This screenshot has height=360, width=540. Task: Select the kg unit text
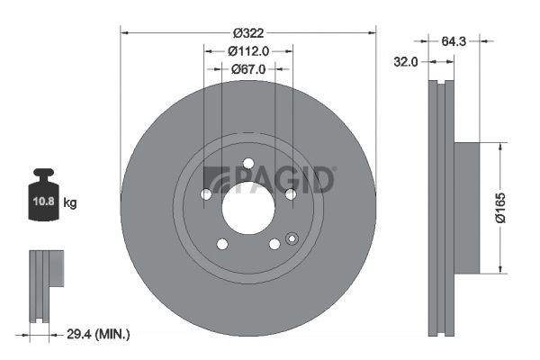tap(70, 203)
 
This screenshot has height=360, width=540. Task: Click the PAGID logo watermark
tap(270, 180)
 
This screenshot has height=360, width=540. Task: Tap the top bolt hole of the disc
tap(247, 163)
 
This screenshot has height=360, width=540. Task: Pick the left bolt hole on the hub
tap(205, 193)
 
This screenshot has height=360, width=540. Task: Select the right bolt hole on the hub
tap(290, 193)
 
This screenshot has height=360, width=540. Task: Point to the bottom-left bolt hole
tap(221, 244)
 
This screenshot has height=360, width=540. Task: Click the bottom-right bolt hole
tap(274, 244)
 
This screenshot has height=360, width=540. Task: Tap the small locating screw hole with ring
tap(291, 238)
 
